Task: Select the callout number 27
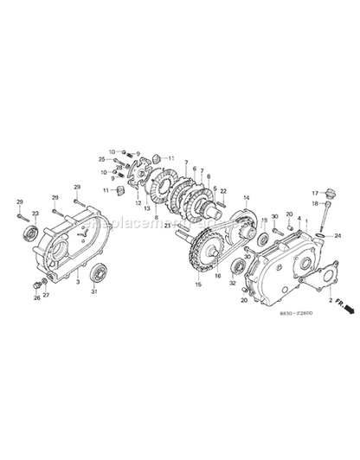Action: (47, 295)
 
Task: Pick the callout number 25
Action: (102, 159)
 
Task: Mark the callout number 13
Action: (148, 208)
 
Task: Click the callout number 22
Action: (223, 191)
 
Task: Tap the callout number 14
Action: (247, 198)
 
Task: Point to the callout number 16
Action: (217, 276)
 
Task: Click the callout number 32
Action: (233, 283)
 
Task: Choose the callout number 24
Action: (337, 235)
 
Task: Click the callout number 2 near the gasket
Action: (330, 300)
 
